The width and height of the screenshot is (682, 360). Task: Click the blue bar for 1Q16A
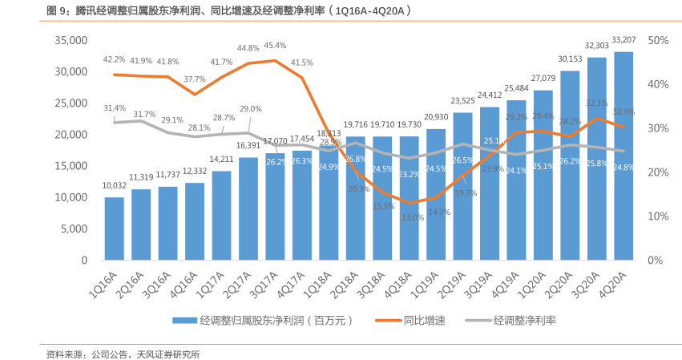[115, 229]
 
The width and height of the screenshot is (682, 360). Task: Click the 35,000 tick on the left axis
[71, 40]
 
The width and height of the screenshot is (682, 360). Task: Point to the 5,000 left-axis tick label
[74, 229]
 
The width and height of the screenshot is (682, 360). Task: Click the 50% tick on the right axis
[658, 40]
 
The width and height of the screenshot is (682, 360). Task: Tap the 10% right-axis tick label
[658, 216]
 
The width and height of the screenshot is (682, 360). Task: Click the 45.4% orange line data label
[274, 46]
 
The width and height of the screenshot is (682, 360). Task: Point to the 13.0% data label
[413, 217]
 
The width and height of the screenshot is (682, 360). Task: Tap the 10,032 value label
[115, 185]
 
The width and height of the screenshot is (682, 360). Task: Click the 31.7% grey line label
[144, 115]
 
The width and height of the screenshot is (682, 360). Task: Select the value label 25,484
[517, 88]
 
